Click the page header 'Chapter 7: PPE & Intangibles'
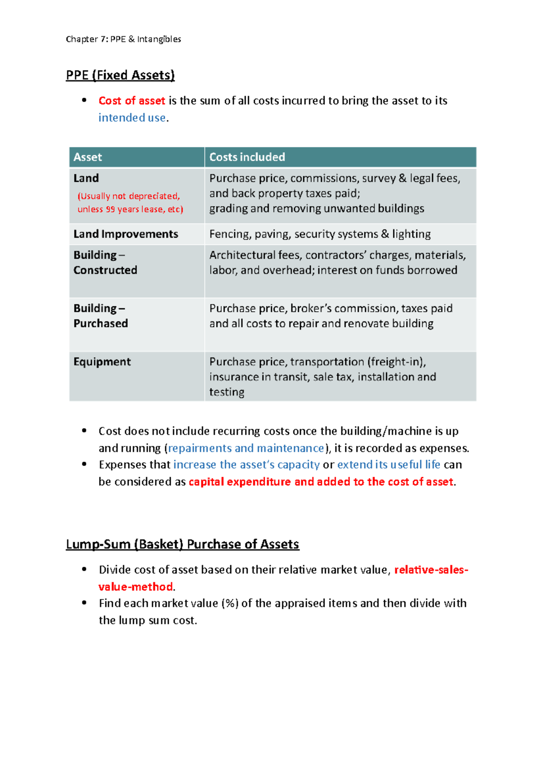pos(123,39)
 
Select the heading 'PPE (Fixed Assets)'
pos(120,75)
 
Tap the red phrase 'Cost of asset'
pos(132,101)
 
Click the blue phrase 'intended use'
pos(132,118)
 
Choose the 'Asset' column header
pos(88,157)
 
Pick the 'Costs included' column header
pos(247,157)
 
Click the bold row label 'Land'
pos(86,178)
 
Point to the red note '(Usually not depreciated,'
pos(129,196)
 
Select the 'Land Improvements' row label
pos(126,234)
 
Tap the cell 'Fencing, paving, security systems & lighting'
pos(319,234)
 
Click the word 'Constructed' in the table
pos(105,270)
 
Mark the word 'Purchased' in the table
pos(100,324)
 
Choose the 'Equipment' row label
pos(102,362)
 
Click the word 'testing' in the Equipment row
pos(226,392)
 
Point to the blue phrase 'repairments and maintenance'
pos(246,448)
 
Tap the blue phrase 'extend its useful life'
pos(388,465)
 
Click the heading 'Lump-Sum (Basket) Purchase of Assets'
pos(182,544)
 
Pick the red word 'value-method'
pos(135,587)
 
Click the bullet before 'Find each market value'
pos(84,603)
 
